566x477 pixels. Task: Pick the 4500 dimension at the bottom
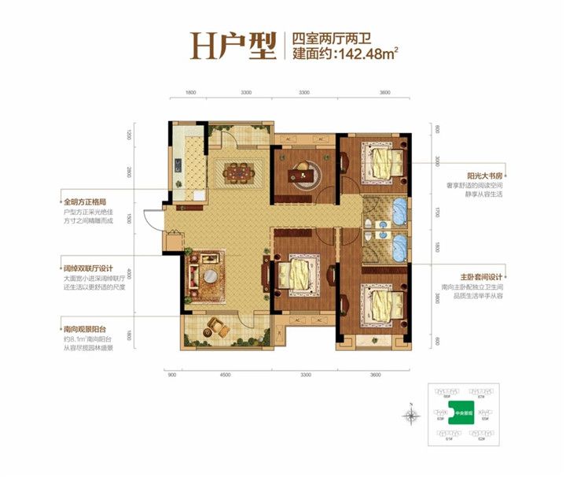226,375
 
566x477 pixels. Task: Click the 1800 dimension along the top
190,92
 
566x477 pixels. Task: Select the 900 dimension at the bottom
172,375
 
